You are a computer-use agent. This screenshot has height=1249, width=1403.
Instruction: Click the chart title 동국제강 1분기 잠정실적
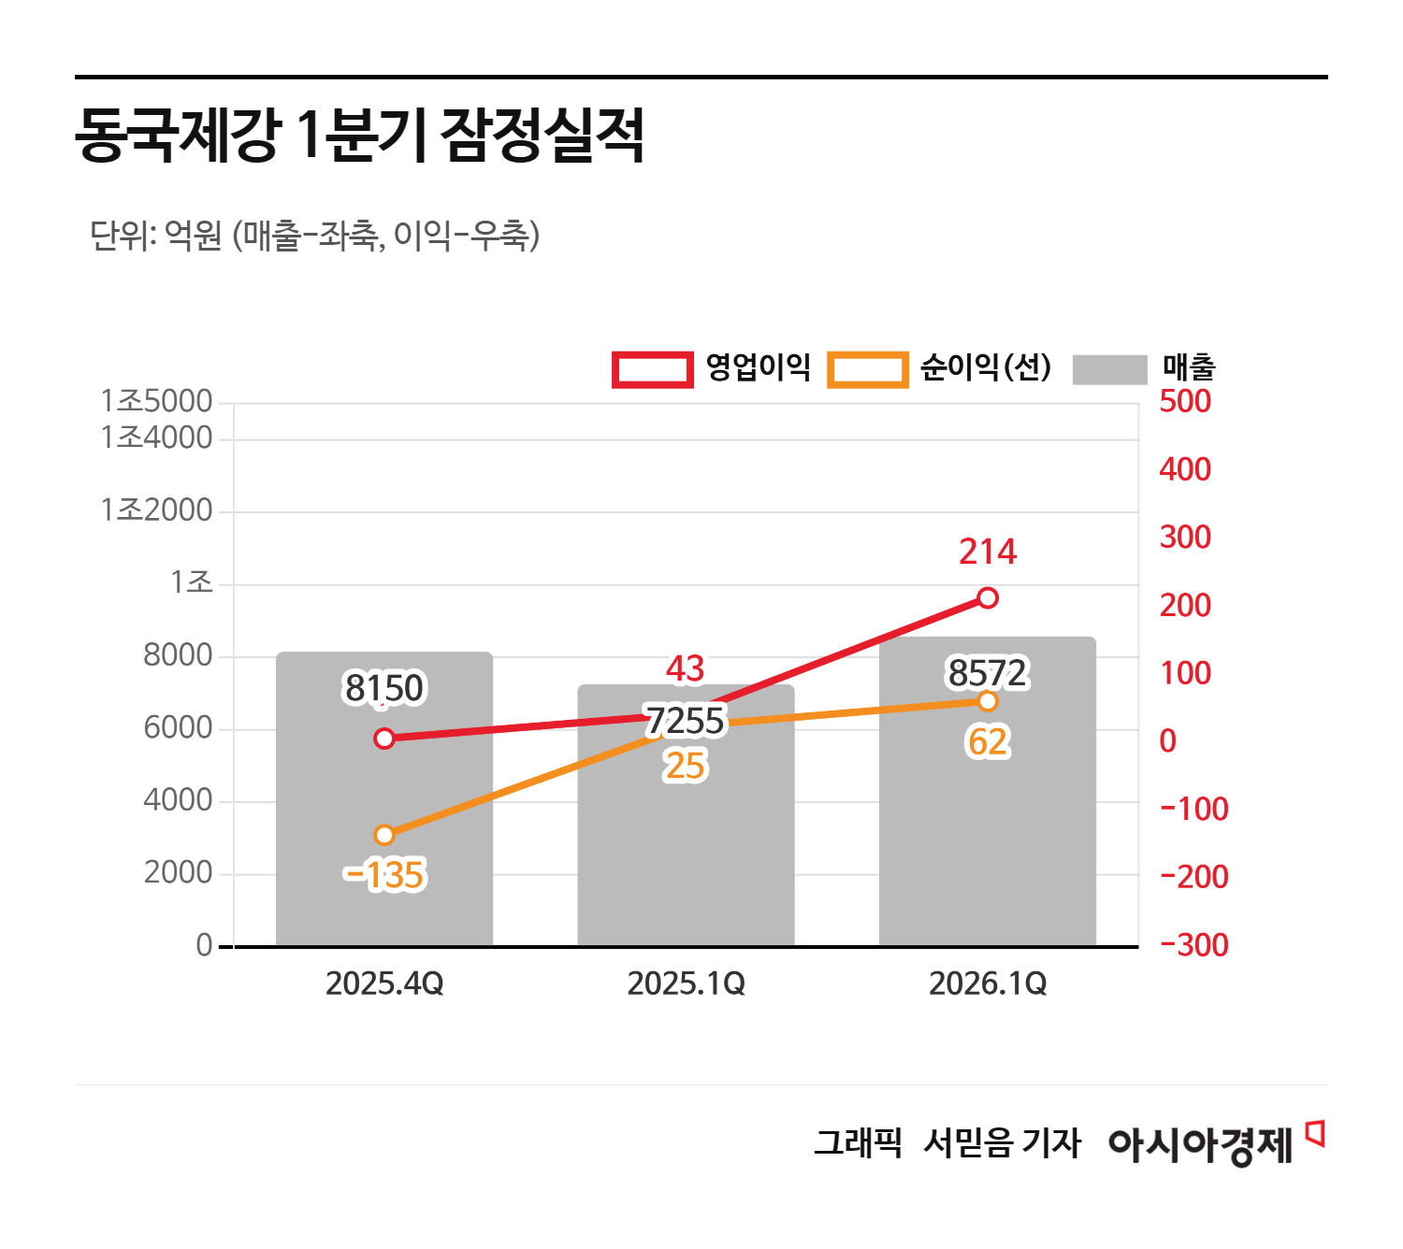click(359, 136)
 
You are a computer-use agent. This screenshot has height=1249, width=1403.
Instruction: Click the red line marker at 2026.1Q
click(988, 598)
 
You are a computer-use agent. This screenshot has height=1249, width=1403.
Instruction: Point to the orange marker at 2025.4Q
click(384, 835)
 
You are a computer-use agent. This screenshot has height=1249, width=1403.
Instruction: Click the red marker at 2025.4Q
click(384, 739)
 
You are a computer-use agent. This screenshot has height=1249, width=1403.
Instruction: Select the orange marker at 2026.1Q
click(988, 701)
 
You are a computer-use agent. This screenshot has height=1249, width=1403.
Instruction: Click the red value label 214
click(988, 552)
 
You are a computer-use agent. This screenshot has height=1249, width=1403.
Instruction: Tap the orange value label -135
click(384, 876)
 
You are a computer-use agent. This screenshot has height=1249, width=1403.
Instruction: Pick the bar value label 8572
click(988, 673)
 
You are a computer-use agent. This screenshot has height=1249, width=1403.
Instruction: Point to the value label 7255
click(686, 721)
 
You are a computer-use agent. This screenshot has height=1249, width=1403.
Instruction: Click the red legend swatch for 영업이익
click(652, 369)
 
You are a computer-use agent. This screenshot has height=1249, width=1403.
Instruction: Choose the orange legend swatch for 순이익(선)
click(867, 369)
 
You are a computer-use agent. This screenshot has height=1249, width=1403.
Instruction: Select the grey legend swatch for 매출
click(1109, 369)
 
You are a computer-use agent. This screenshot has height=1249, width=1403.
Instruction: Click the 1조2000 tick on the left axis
click(156, 510)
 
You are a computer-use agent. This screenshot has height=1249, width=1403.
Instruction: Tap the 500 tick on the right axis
click(1184, 401)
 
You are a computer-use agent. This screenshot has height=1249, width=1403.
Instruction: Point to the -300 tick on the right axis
click(1194, 945)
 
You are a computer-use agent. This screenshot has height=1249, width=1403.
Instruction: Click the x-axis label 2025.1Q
click(686, 983)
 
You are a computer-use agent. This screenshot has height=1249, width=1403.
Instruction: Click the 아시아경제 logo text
click(1200, 1143)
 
